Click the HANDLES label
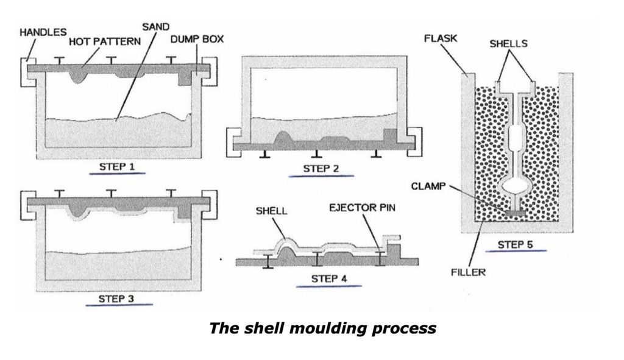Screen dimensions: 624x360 click(43, 32)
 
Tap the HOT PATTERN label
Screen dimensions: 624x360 click(105, 41)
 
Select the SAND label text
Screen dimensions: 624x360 click(155, 27)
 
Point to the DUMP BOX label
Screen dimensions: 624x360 click(197, 39)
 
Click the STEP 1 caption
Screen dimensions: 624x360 click(117, 166)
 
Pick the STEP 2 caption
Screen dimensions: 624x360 click(321, 169)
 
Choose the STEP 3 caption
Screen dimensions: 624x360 click(116, 298)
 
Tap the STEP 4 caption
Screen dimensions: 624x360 click(329, 279)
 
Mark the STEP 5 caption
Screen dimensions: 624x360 click(516, 245)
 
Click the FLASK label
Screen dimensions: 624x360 click(441, 38)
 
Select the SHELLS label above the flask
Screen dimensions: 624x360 click(509, 43)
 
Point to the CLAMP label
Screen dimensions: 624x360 click(428, 186)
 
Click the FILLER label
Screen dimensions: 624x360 click(469, 272)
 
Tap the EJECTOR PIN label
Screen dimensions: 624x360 click(362, 208)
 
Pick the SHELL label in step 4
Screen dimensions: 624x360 click(271, 211)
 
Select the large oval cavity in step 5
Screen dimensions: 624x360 click(515, 186)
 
